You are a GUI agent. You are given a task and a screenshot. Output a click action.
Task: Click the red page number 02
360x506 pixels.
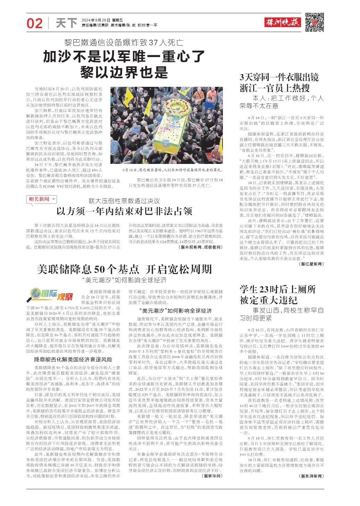point(34,23)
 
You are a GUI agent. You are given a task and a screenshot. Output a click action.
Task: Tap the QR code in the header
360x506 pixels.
point(315,22)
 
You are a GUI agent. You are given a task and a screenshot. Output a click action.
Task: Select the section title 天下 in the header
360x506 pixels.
point(66,23)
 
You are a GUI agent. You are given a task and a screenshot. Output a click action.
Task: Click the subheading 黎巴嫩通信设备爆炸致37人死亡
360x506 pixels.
point(124,43)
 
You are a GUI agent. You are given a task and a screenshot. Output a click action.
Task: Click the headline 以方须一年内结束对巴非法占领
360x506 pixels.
point(124,211)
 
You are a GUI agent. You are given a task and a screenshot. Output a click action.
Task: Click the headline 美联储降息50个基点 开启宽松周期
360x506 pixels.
point(124,269)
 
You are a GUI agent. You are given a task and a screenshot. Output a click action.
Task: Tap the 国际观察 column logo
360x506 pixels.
point(52,296)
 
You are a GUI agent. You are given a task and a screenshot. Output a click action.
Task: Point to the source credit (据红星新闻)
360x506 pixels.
point(310,264)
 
